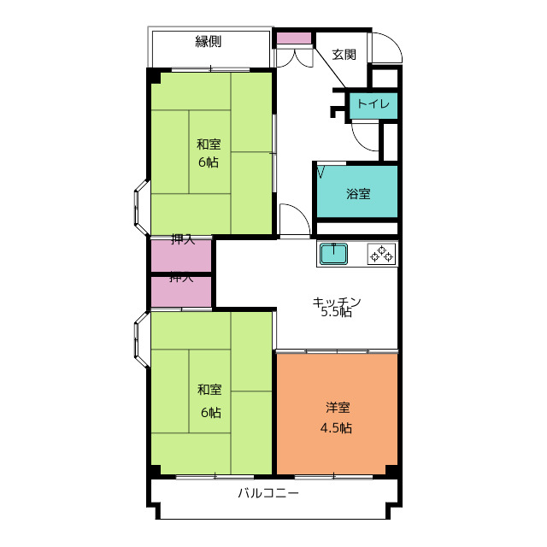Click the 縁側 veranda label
[209, 42]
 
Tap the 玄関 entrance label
[344, 55]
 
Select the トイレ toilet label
[373, 103]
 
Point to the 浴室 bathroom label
[358, 194]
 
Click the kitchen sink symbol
[334, 254]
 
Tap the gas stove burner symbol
[382, 254]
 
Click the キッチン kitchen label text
[336, 302]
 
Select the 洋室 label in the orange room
[338, 408]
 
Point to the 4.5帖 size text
[336, 427]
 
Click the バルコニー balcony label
[268, 493]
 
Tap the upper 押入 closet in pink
[181, 256]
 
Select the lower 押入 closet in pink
[181, 292]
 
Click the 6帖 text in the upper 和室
[209, 162]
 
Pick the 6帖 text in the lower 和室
[211, 413]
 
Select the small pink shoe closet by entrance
[294, 38]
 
